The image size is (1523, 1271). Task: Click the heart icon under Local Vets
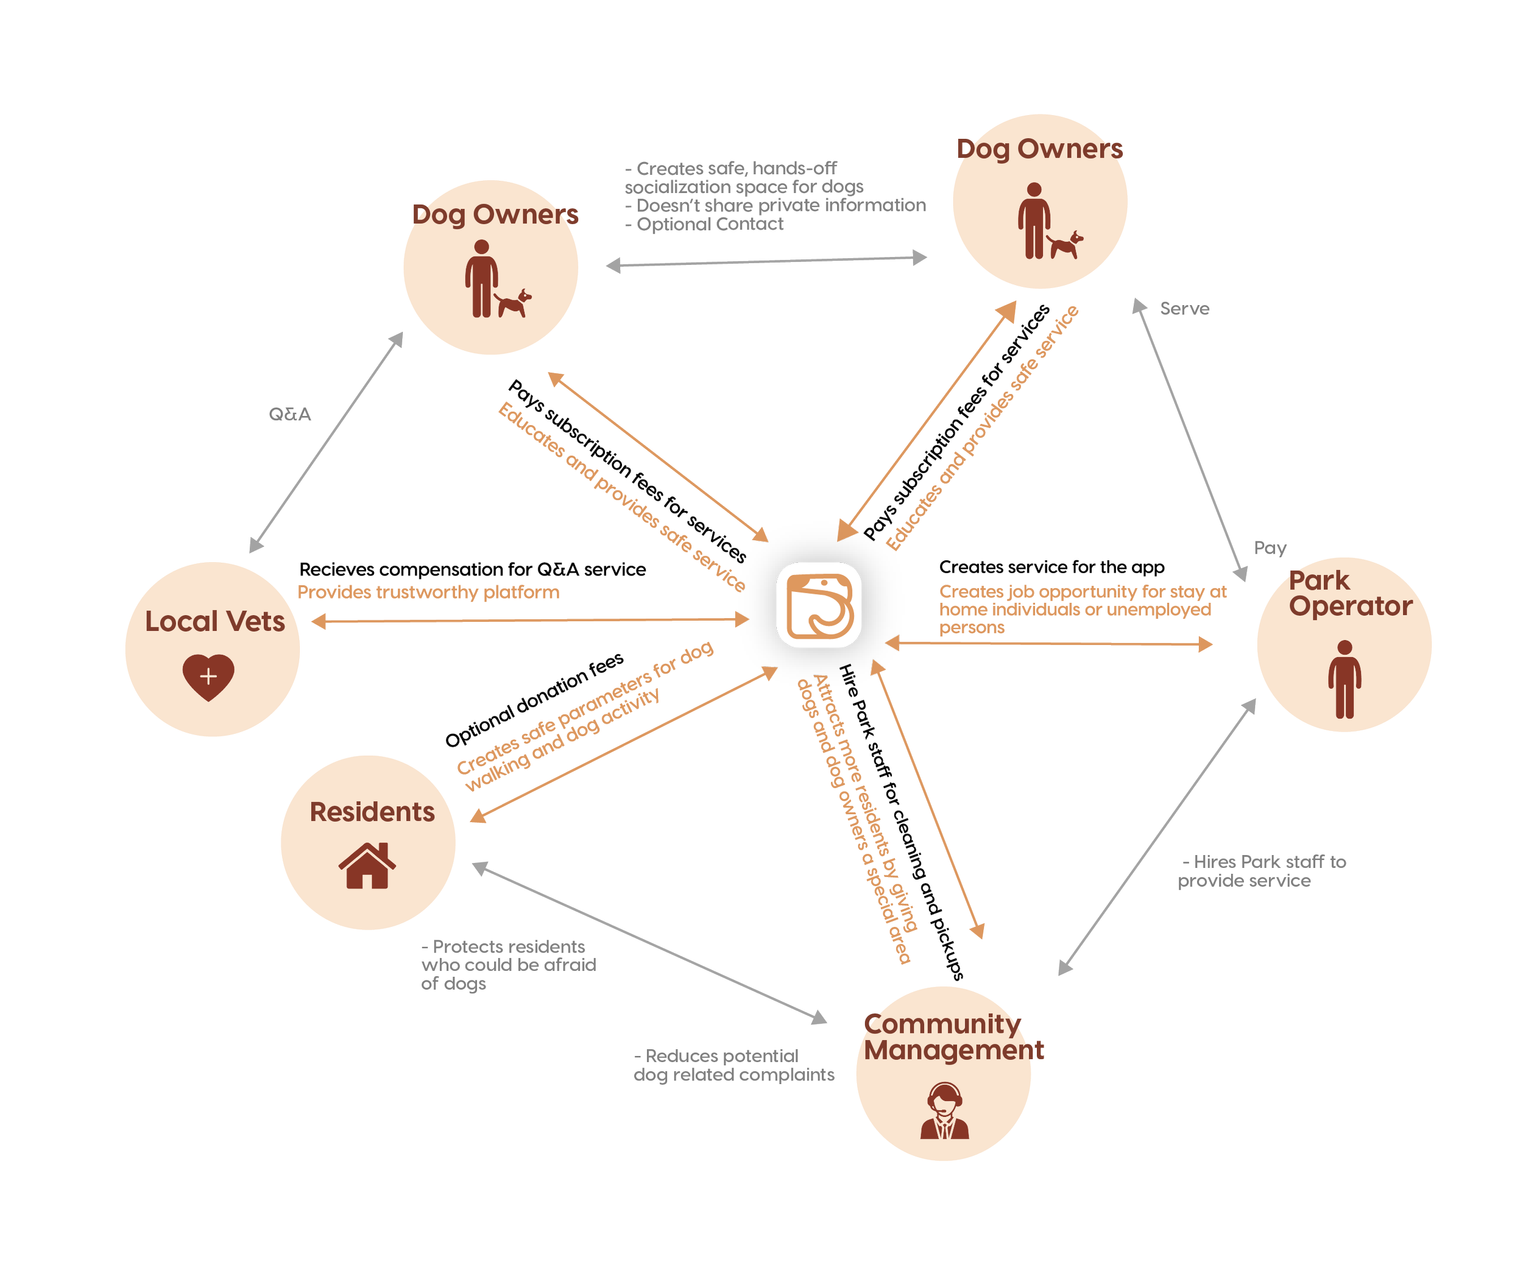tap(208, 677)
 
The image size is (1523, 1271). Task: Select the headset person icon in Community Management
tap(944, 1111)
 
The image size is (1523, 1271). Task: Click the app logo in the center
tap(819, 604)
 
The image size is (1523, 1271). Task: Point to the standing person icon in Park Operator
tap(1345, 680)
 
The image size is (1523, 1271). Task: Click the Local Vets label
tap(214, 621)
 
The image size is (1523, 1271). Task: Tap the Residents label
tap(372, 812)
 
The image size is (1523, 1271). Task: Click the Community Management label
tap(953, 1037)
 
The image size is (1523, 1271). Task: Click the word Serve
tap(1184, 309)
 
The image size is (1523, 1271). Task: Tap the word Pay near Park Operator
tap(1270, 548)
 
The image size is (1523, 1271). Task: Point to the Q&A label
tap(289, 415)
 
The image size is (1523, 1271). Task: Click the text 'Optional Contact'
tap(709, 225)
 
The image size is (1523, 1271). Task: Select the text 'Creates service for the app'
tap(1051, 567)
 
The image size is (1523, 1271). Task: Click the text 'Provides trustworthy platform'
tap(428, 593)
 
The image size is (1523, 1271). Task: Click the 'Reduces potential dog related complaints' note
tap(733, 1066)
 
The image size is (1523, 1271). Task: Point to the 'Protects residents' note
tap(507, 965)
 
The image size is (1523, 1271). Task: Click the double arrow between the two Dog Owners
tap(766, 262)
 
